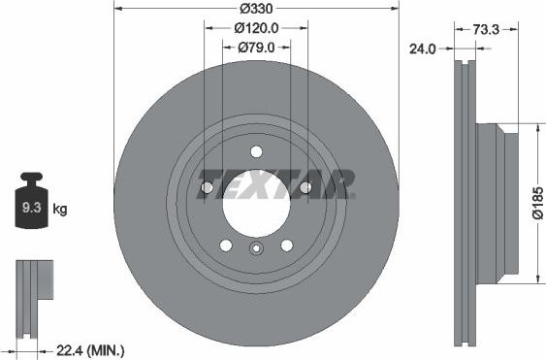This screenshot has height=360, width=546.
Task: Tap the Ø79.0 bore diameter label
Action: pyautogui.click(x=257, y=47)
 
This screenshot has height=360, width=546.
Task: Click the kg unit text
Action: pyautogui.click(x=59, y=209)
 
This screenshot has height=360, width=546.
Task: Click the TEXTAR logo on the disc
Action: pyautogui.click(x=277, y=182)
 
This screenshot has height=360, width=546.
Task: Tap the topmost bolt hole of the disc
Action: pyautogui.click(x=256, y=151)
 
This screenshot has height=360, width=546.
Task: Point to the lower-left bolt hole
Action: pyautogui.click(x=226, y=245)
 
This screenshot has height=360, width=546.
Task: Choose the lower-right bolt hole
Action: pyautogui.click(x=286, y=245)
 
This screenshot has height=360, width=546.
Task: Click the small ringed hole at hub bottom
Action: pyautogui.click(x=256, y=249)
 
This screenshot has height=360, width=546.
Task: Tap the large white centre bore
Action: pyautogui.click(x=256, y=203)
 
